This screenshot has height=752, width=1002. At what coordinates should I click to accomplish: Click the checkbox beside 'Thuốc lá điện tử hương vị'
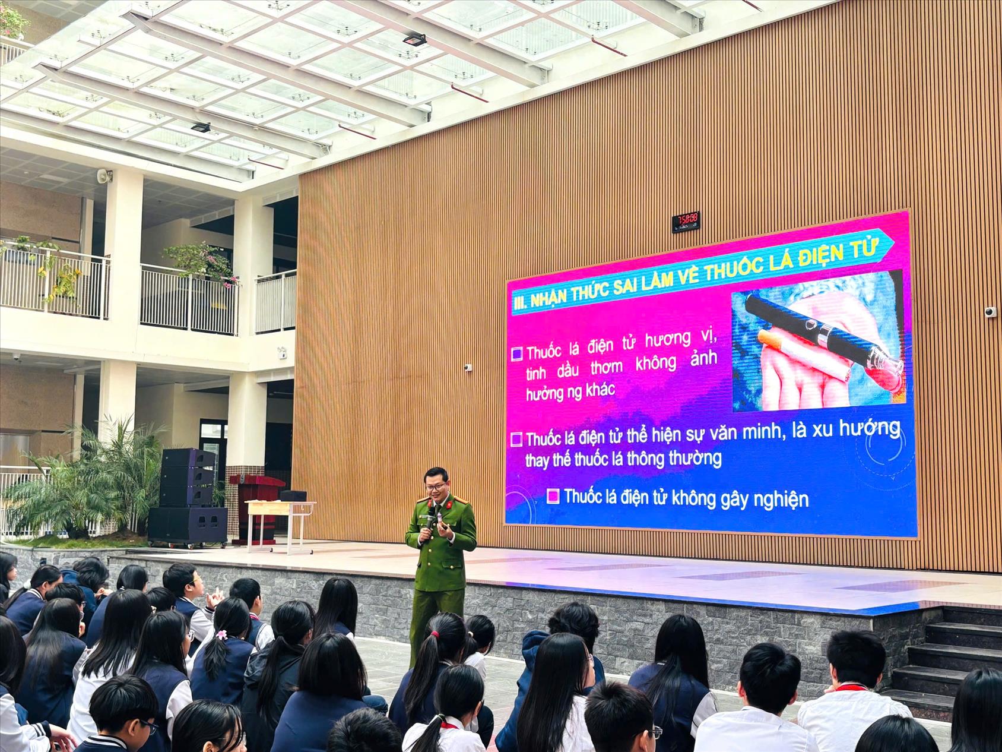517,354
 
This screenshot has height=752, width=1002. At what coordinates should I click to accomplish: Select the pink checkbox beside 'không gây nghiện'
554,496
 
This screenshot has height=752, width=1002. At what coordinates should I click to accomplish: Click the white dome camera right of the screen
990,312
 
